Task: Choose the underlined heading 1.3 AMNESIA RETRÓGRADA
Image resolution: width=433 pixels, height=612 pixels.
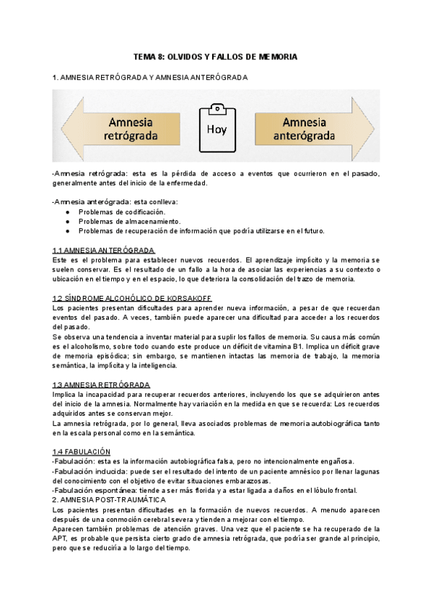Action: coord(101,385)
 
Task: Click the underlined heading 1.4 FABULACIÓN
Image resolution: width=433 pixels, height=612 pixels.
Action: coord(80,451)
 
